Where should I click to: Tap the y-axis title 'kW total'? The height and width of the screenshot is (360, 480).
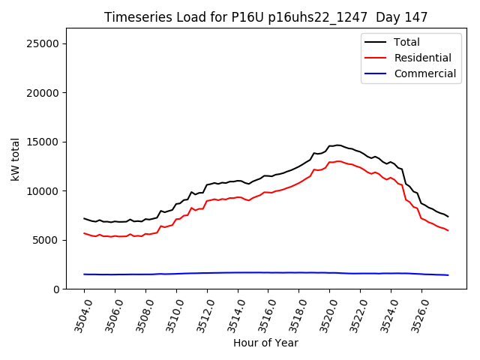tap(15, 158)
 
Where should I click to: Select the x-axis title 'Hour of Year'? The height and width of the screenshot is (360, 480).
tap(265, 343)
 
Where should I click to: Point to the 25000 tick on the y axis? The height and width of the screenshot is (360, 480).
tap(43, 43)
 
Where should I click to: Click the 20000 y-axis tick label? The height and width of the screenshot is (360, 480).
tap(43, 93)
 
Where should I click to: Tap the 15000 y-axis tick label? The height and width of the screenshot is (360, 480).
tap(43, 142)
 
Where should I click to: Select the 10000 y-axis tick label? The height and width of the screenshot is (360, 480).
tap(43, 191)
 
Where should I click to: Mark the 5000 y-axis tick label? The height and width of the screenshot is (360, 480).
tap(46, 240)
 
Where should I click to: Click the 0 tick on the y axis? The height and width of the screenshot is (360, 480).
tap(55, 289)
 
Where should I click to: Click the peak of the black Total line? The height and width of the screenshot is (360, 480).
tap(337, 145)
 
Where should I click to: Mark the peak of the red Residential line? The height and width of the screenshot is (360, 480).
tap(338, 160)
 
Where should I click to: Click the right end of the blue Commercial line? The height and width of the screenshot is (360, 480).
tap(448, 275)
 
